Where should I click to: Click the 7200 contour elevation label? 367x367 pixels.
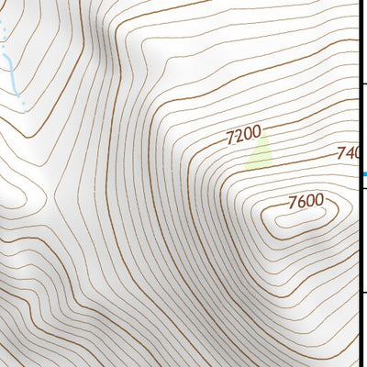pyautogui.click(x=243, y=136)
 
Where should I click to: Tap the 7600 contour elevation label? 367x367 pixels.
pyautogui.click(x=306, y=201)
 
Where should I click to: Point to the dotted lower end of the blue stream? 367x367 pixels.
pyautogui.click(x=21, y=99)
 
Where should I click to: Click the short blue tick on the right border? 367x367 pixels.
pyautogui.click(x=363, y=173)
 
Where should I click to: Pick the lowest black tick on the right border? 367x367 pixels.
pyautogui.click(x=363, y=295)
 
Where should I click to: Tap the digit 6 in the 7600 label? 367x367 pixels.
pyautogui.click(x=301, y=202)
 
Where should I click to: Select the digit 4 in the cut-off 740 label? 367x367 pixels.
pyautogui.click(x=350, y=152)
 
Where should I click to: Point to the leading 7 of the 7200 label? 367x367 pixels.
pyautogui.click(x=229, y=140)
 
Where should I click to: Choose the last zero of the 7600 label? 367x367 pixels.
pyautogui.click(x=318, y=199)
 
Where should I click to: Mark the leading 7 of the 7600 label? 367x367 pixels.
pyautogui.click(x=292, y=204)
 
